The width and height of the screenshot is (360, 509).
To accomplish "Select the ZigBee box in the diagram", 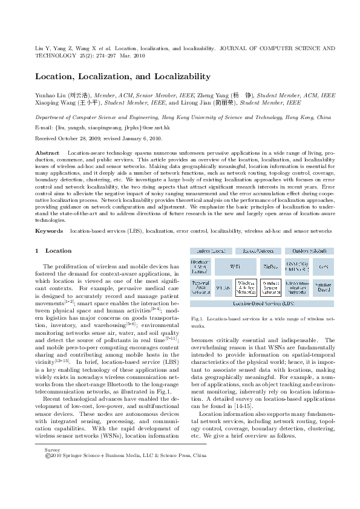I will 270,266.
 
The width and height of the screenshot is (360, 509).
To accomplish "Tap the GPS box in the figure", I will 324,266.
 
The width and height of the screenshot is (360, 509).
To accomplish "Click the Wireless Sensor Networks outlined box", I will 270,287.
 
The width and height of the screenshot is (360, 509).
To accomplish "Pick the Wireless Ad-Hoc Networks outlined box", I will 246,287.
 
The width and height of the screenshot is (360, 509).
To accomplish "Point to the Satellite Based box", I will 324,287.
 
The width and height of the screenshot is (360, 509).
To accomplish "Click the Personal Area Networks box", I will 200,287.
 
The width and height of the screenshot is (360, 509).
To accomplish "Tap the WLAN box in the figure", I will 224,287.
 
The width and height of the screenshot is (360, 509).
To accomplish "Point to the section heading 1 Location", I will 54,250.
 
